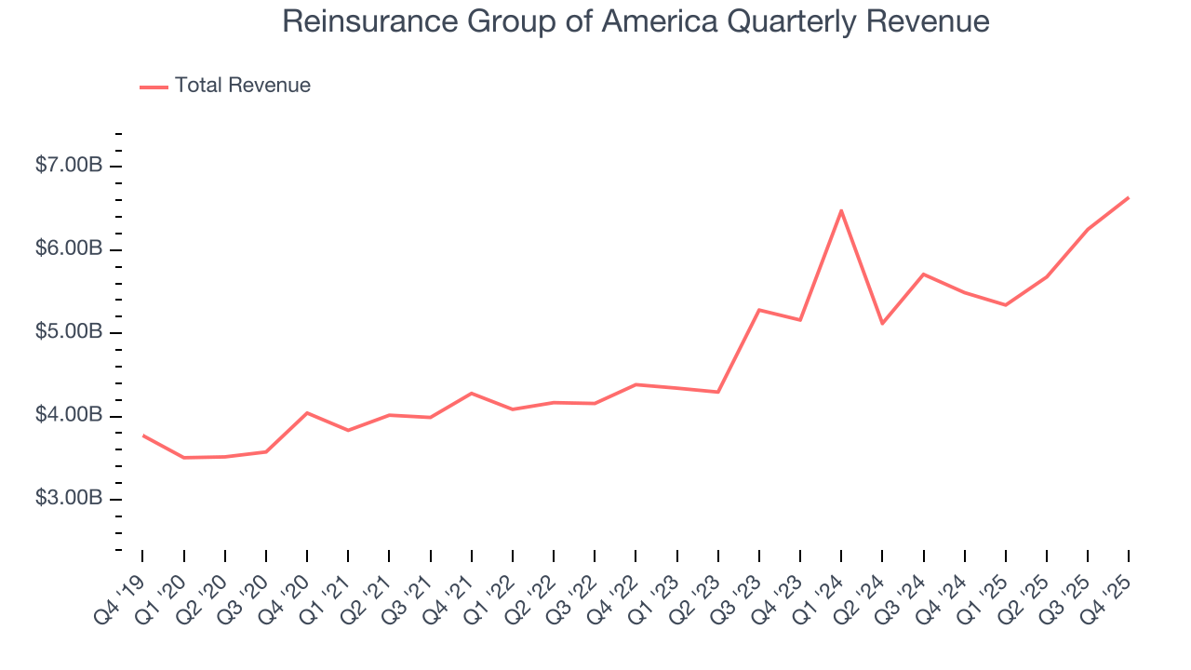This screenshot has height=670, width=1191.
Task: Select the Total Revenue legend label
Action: click(x=242, y=86)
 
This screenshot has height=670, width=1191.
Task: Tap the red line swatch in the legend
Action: click(x=154, y=87)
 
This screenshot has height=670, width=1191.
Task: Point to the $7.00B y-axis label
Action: click(x=69, y=166)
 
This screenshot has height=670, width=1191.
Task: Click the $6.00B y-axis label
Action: click(x=69, y=249)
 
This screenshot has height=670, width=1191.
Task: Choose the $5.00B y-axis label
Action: click(x=69, y=332)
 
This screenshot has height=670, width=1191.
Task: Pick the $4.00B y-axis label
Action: click(x=69, y=416)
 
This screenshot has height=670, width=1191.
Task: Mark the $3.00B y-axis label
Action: click(x=69, y=499)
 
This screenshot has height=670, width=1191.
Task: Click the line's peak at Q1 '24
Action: click(x=841, y=210)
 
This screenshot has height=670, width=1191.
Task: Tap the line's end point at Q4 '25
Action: click(x=1129, y=197)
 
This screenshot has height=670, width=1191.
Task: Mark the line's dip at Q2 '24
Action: click(x=882, y=323)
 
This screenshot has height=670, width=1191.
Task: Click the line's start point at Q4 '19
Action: click(x=143, y=435)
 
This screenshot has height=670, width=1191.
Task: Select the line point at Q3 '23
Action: click(x=759, y=310)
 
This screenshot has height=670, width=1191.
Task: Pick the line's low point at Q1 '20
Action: click(x=184, y=458)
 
